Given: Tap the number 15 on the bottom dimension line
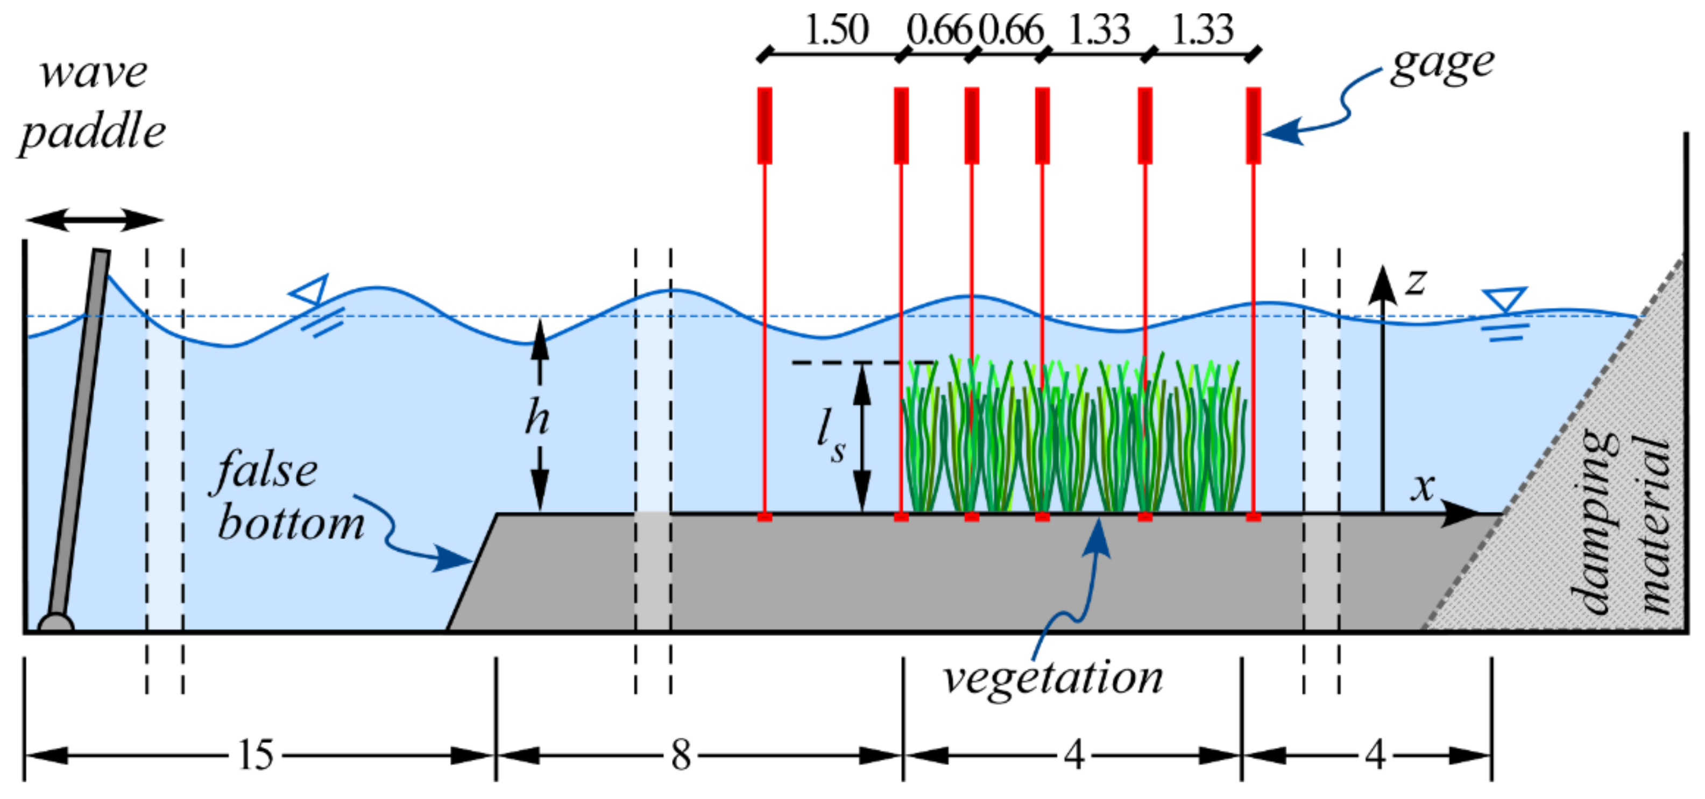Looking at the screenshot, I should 256,755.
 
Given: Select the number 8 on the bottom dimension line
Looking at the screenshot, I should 681,755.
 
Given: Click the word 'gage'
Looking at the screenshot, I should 1441,66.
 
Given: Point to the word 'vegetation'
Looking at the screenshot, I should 1052,679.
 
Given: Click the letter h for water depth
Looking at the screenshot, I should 537,419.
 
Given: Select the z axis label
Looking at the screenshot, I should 1416,281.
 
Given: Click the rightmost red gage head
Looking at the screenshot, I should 1253,125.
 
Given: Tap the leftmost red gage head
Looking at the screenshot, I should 765,125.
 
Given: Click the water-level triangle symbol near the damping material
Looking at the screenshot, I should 1505,299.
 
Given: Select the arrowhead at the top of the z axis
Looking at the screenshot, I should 1382,285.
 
